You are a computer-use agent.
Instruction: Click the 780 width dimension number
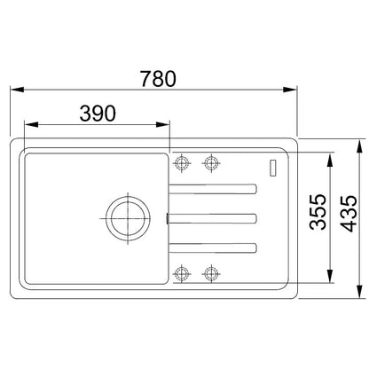(x=158, y=79)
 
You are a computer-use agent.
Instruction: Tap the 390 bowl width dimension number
(x=98, y=114)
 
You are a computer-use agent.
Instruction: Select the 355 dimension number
(x=318, y=212)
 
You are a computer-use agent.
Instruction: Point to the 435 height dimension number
(x=349, y=213)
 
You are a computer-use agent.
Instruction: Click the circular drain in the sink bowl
(x=128, y=219)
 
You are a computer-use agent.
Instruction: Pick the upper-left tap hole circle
(x=182, y=162)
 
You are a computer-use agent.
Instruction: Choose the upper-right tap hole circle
(x=211, y=162)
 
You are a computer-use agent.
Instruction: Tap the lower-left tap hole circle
(x=181, y=273)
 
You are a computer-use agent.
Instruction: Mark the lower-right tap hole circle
(x=210, y=273)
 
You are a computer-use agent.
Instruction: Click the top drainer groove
(x=213, y=189)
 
